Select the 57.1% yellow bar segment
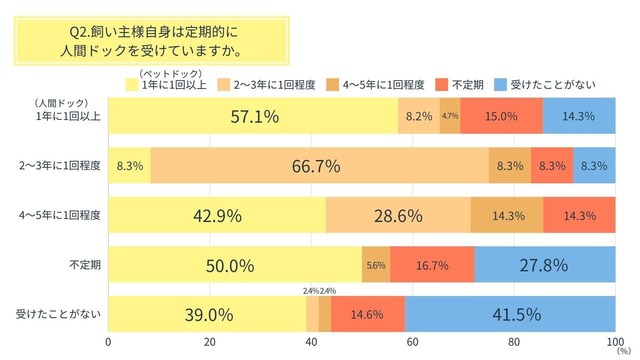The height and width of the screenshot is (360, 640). point(252,116)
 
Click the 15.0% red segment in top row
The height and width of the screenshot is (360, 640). point(502,116)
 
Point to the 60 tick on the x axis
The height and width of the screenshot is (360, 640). point(412,341)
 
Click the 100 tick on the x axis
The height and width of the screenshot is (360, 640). point(612,341)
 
